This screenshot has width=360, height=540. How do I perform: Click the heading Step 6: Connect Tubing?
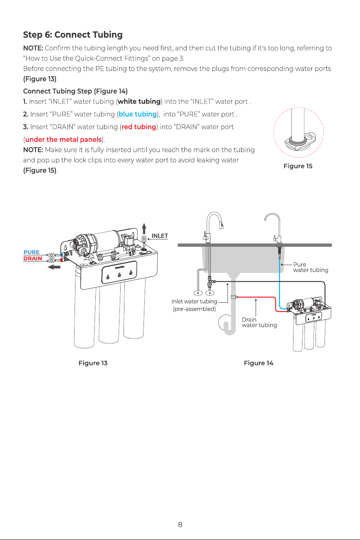tap(73, 35)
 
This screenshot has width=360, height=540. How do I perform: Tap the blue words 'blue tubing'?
tap(137, 114)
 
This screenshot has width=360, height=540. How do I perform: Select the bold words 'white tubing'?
tap(139, 102)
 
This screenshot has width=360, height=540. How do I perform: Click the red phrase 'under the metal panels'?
tap(63, 139)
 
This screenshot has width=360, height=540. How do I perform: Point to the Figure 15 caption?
tap(298, 166)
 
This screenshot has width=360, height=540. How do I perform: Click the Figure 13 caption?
tap(93, 363)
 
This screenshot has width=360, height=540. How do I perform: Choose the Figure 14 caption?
tap(258, 363)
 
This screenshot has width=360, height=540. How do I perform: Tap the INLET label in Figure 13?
tap(159, 236)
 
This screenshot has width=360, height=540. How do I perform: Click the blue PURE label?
tap(31, 252)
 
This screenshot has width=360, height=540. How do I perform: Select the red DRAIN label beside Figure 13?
tap(33, 259)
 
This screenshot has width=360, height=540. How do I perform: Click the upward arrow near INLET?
tap(144, 228)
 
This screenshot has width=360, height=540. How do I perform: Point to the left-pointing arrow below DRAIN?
tap(54, 267)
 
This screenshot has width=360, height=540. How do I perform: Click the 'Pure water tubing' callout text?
tap(311, 267)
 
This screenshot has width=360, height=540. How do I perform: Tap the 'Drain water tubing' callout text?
tap(259, 322)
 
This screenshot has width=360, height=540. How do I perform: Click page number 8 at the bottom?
tap(180, 525)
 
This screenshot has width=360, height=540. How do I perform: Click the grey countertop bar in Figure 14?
tap(255, 245)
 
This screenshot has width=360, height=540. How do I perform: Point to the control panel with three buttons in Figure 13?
tap(119, 273)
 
